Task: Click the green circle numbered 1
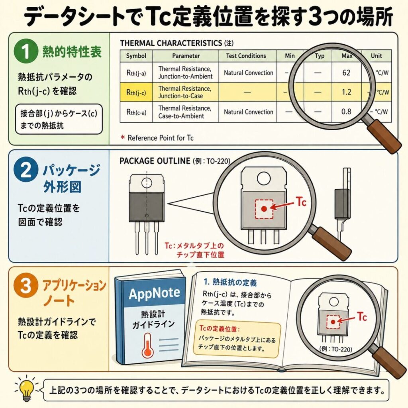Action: point(25,51)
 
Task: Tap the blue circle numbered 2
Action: point(25,171)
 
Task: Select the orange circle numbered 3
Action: point(25,286)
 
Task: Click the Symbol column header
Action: point(136,56)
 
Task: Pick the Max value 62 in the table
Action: point(346,73)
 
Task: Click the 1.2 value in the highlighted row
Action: point(346,92)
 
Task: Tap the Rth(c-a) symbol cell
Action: point(136,112)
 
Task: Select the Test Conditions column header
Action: point(246,56)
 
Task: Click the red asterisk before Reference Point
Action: point(123,137)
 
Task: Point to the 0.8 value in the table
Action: point(346,112)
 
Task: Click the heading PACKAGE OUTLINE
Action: point(155,161)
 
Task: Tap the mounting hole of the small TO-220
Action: point(147,182)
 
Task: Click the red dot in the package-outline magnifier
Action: point(264,209)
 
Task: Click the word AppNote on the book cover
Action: point(154,293)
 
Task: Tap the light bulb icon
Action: point(26,390)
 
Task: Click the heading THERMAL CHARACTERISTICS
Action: point(171,43)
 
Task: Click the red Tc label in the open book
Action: point(362,317)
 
